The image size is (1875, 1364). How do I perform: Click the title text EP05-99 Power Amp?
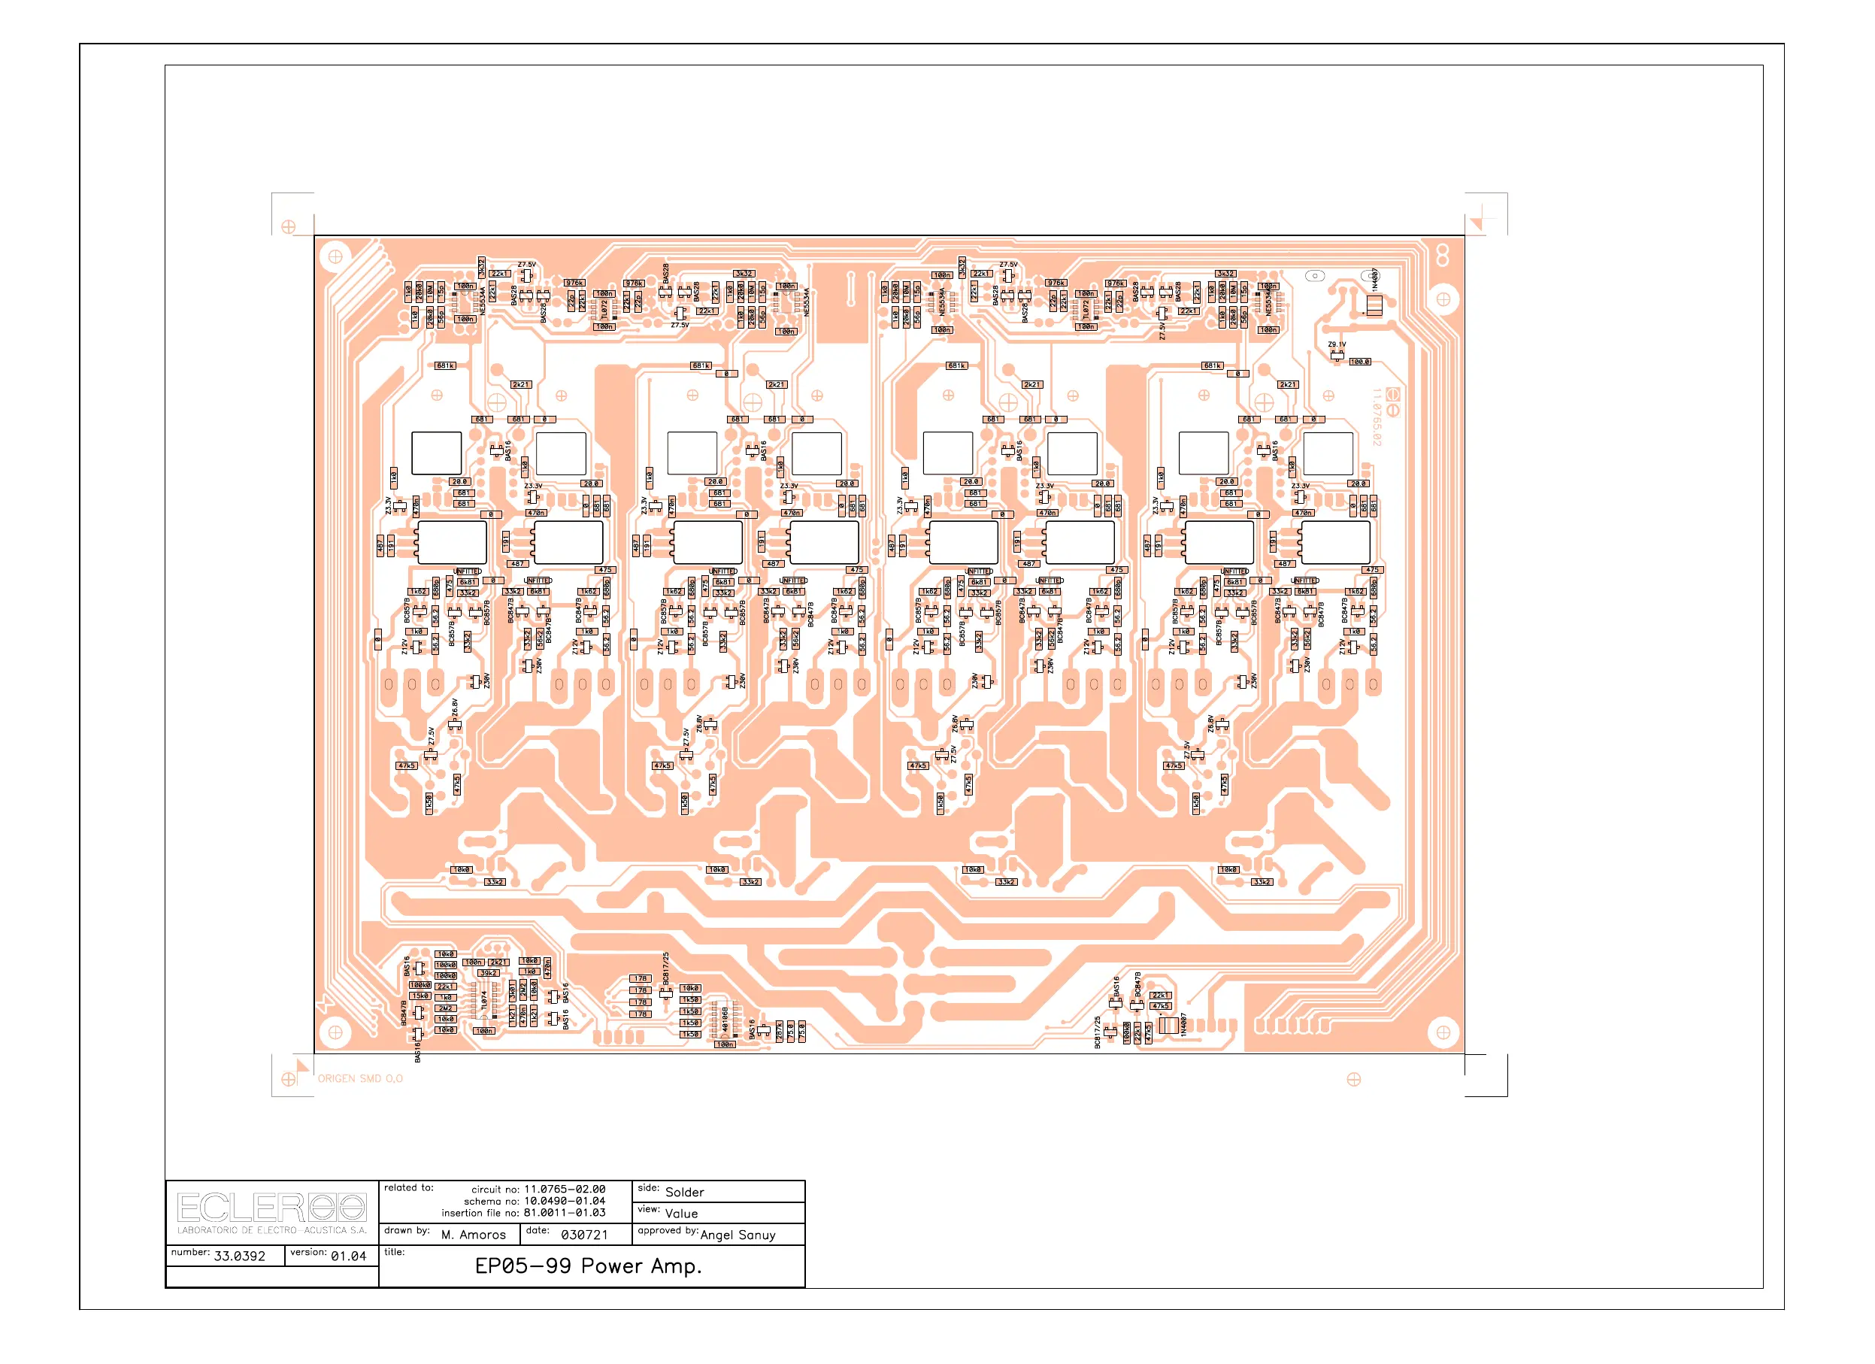(x=588, y=1265)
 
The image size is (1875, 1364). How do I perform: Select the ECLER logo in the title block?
(x=271, y=1208)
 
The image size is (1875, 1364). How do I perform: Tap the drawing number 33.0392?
(x=239, y=1256)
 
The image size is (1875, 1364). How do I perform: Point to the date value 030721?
(x=584, y=1234)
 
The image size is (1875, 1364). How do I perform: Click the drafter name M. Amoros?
(x=473, y=1234)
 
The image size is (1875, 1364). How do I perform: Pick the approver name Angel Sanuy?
(x=738, y=1234)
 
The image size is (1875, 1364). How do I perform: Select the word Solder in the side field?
(x=685, y=1192)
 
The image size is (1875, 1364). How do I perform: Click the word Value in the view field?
(x=681, y=1214)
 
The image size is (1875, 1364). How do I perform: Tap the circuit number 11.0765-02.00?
(x=564, y=1189)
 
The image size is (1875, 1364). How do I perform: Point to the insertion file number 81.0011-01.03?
(x=564, y=1213)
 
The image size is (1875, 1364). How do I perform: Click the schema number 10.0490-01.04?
(x=564, y=1201)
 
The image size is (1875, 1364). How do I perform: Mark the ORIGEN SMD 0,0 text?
(x=360, y=1079)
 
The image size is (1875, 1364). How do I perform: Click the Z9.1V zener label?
(x=1337, y=344)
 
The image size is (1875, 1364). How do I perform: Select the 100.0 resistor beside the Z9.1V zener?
(x=1360, y=362)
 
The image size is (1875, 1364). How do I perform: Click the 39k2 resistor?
(x=489, y=973)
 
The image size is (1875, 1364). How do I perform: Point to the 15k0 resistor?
(x=420, y=996)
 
